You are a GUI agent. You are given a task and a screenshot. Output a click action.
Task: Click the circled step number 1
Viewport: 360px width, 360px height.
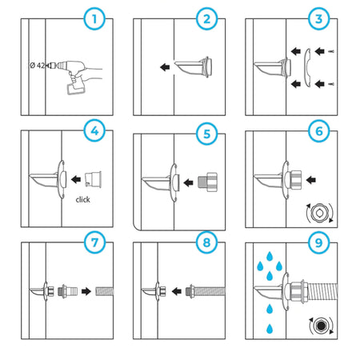coord(94,19)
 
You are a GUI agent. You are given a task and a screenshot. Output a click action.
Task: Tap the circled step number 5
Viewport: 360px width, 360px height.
coord(206,134)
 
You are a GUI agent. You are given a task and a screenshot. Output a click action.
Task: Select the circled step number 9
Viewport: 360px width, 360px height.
coord(319,242)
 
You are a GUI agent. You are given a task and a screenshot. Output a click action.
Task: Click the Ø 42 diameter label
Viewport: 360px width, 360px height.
coord(37,65)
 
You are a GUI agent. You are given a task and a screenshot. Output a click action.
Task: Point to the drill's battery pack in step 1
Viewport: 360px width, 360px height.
coord(74,88)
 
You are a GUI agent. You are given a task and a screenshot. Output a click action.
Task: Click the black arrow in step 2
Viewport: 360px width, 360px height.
coord(165,66)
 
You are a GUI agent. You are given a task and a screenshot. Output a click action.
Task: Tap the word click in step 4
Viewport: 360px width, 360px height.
coord(82,199)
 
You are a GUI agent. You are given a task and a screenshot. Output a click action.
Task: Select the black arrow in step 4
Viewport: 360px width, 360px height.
coord(76,179)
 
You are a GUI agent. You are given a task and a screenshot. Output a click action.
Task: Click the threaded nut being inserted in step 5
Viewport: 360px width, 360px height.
coord(207,181)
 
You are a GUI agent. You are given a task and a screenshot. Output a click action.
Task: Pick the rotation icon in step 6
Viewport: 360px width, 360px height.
coord(319,214)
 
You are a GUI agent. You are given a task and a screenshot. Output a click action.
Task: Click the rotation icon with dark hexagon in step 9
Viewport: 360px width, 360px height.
coord(321,326)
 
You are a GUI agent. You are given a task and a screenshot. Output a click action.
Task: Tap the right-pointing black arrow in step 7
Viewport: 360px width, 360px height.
coord(86,291)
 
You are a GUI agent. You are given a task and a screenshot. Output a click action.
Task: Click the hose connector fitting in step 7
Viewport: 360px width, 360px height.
coord(68,291)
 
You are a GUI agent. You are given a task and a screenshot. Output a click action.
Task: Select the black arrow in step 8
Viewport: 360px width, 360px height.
coord(177,291)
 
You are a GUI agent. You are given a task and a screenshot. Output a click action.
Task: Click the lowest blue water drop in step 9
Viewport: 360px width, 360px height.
coord(270,329)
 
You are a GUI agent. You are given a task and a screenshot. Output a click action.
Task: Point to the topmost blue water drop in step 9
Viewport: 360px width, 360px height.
coord(270,256)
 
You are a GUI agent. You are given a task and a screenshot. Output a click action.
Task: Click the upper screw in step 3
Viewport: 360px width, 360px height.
coord(331,51)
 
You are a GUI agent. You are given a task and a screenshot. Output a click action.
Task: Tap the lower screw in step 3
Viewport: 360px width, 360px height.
coord(331,84)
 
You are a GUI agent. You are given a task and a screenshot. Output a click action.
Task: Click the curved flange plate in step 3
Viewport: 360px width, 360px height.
coord(307,68)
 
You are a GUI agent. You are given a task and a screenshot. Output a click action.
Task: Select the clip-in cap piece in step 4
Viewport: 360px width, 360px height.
coord(93,179)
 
